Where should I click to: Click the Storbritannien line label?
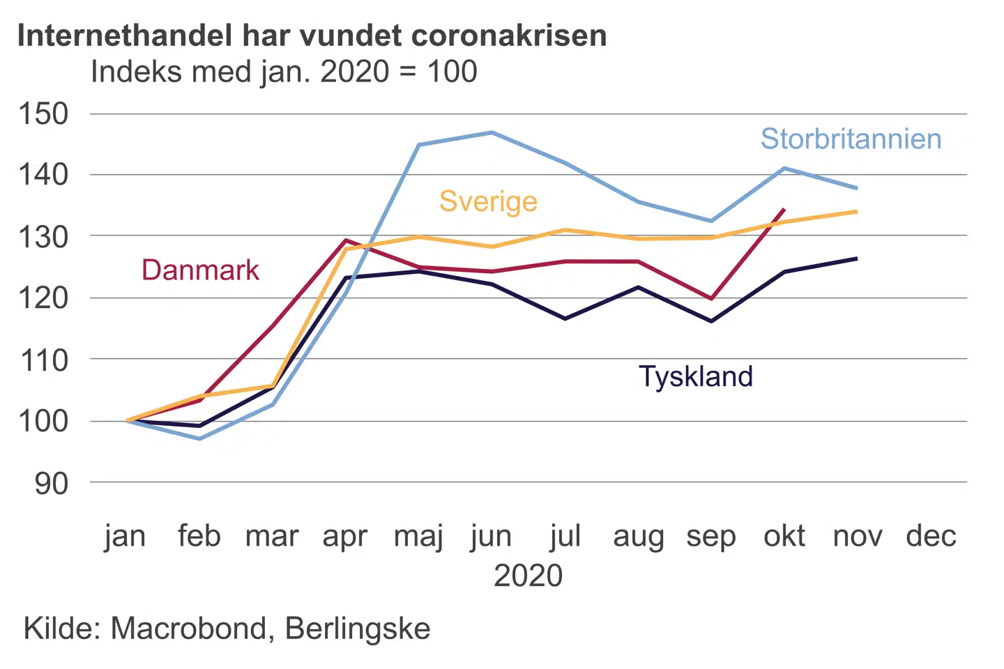pyautogui.click(x=851, y=139)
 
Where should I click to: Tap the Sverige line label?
pyautogui.click(x=488, y=201)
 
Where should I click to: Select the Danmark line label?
pyautogui.click(x=200, y=270)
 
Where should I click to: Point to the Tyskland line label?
pyautogui.click(x=696, y=377)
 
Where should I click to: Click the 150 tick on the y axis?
pyautogui.click(x=43, y=114)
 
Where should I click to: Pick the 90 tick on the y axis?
pyautogui.click(x=52, y=483)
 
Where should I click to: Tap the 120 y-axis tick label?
pyautogui.click(x=43, y=298)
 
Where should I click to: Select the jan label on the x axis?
pyautogui.click(x=125, y=537)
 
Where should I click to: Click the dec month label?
pyautogui.click(x=931, y=537)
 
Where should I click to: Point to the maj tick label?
pyautogui.click(x=418, y=537)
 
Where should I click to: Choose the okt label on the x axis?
pyautogui.click(x=784, y=537)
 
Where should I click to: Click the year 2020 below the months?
pyautogui.click(x=528, y=576)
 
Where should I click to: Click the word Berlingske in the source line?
pyautogui.click(x=358, y=629)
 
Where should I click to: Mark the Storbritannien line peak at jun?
pyautogui.click(x=492, y=132)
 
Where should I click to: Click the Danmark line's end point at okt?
pyautogui.click(x=784, y=209)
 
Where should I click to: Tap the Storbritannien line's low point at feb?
pyautogui.click(x=199, y=439)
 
